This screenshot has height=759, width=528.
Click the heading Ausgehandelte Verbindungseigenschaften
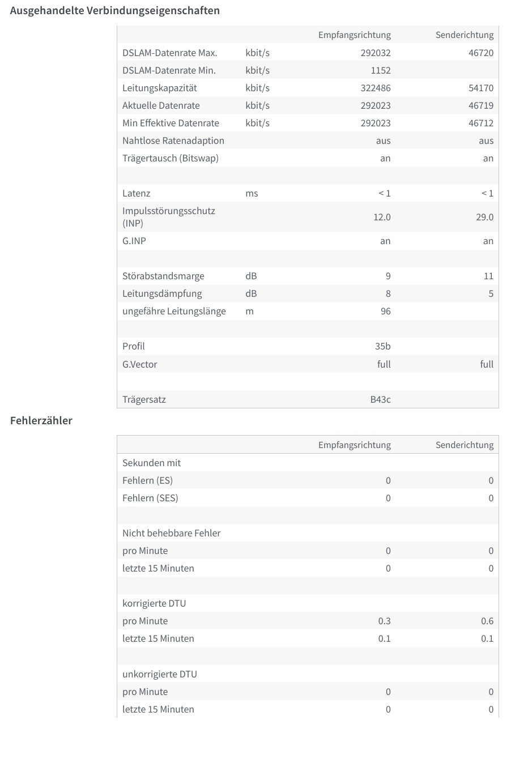tap(115, 11)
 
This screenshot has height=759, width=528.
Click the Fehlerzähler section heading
tap(41, 421)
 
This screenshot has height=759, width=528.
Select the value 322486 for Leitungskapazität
tap(376, 88)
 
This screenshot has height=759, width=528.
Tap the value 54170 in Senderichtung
tap(481, 88)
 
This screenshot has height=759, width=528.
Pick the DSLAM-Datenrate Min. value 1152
tap(381, 71)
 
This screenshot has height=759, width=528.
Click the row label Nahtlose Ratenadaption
tap(173, 141)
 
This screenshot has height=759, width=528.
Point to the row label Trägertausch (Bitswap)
tap(171, 159)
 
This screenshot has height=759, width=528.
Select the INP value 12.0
tap(382, 218)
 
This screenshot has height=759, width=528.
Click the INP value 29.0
tap(484, 218)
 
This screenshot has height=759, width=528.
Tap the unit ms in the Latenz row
tap(252, 194)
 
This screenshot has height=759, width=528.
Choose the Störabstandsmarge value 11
tap(488, 276)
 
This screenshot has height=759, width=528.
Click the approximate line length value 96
tap(385, 312)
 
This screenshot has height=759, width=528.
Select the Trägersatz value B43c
tap(380, 400)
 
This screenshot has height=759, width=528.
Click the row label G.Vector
tap(140, 365)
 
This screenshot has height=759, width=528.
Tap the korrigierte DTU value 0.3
tap(384, 621)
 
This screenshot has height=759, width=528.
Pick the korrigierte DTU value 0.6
tap(487, 621)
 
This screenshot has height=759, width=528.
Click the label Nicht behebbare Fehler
tap(172, 534)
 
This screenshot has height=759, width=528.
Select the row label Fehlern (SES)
tap(150, 498)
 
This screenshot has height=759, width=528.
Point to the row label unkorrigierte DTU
tap(160, 675)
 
